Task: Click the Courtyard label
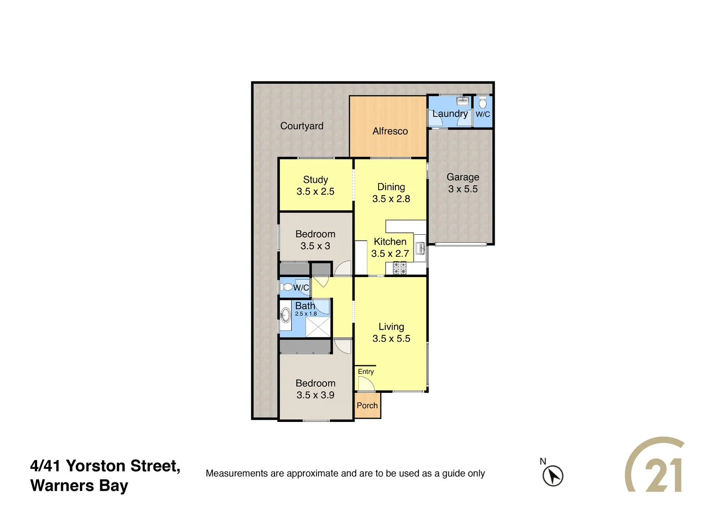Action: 301,126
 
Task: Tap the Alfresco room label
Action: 390,131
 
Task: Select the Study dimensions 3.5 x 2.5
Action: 315,191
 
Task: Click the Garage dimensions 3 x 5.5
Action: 463,189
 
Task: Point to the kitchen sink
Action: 420,248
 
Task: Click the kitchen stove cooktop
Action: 400,268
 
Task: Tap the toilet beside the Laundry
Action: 482,102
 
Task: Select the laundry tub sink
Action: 463,101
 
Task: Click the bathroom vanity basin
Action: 285,315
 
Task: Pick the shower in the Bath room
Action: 318,327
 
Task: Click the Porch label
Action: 367,405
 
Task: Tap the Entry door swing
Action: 365,384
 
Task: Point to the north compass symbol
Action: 553,475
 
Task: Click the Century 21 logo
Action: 655,466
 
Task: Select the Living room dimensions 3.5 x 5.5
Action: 391,339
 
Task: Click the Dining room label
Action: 391,187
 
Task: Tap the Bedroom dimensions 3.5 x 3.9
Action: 315,395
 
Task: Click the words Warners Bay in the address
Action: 79,485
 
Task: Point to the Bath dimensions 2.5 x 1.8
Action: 306,314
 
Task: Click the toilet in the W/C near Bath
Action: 286,287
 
